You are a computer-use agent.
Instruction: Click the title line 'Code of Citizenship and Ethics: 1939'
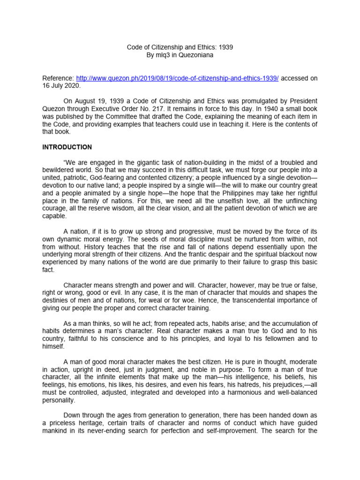tap(180, 47)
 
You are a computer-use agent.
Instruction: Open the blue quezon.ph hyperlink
tap(177, 78)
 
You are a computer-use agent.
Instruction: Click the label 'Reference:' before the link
tap(58, 78)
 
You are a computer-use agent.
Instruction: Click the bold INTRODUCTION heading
tap(67, 147)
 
